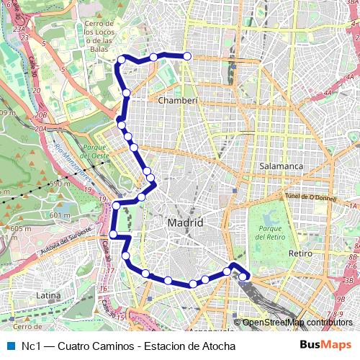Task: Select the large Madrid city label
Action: (185, 223)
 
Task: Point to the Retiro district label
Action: (300, 254)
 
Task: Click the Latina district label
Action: (48, 295)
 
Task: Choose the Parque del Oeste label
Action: (95, 150)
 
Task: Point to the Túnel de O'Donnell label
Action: (306, 197)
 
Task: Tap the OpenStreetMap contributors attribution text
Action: (297, 323)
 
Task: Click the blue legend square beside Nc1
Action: (10, 346)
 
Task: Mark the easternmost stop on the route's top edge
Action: (187, 56)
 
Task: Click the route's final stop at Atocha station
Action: (243, 276)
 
